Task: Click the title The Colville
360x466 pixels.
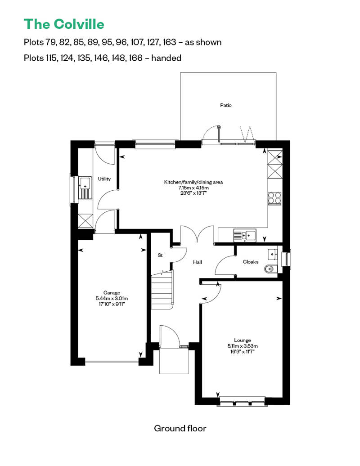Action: [64, 24]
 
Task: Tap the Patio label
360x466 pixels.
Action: [225, 105]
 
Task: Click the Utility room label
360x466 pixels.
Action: [104, 179]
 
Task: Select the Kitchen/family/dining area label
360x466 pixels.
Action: [193, 182]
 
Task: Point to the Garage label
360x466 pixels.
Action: [112, 293]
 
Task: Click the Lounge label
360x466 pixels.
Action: [243, 341]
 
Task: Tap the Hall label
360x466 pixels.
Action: [198, 262]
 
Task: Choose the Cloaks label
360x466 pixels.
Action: [251, 262]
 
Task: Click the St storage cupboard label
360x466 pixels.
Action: [160, 255]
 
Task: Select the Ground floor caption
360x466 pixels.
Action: [180, 428]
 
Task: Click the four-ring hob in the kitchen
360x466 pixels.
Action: [274, 198]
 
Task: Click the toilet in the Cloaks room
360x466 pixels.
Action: [270, 269]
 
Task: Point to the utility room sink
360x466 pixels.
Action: [85, 188]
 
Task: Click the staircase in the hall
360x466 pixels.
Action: [162, 291]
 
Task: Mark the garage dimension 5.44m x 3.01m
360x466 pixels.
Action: [112, 298]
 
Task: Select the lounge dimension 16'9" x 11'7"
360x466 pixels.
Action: [243, 352]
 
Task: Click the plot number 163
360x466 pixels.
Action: [170, 42]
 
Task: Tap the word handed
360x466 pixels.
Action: [166, 58]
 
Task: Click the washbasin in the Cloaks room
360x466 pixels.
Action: [273, 255]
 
